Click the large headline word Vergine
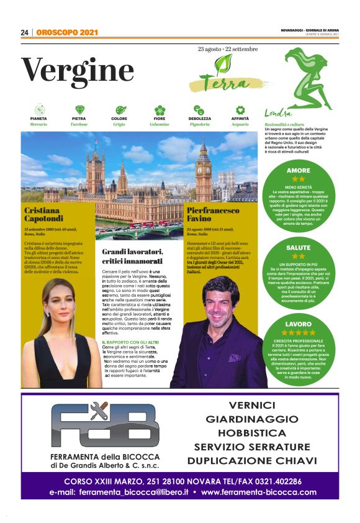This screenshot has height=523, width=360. pyautogui.click(x=78, y=70)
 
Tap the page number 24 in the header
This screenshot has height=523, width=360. pyautogui.click(x=25, y=32)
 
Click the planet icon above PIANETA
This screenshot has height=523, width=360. pyautogui.click(x=38, y=109)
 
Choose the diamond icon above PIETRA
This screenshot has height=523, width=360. pyautogui.click(x=79, y=109)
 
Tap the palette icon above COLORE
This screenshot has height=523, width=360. pyautogui.click(x=120, y=109)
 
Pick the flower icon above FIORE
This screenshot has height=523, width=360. pyautogui.click(x=160, y=109)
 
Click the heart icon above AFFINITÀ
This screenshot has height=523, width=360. pyautogui.click(x=240, y=109)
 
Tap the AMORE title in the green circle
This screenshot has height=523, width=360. pyautogui.click(x=299, y=170)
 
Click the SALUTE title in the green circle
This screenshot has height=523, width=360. pyautogui.click(x=299, y=247)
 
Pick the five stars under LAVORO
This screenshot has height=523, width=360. pyautogui.click(x=299, y=333)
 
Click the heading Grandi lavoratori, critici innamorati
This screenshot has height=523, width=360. pyautogui.click(x=132, y=256)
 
